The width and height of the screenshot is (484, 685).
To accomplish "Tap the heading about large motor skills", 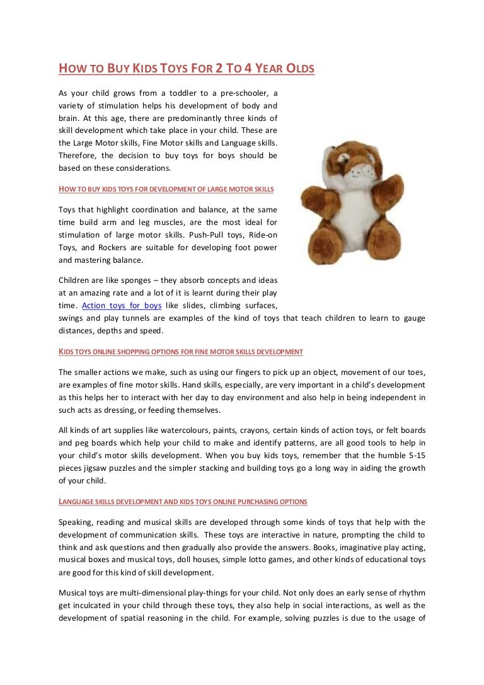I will pyautogui.click(x=166, y=188).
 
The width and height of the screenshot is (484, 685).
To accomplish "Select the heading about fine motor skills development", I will pyautogui.click(x=180, y=351).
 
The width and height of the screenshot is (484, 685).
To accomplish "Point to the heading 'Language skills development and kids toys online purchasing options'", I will pyautogui.click(x=183, y=502).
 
